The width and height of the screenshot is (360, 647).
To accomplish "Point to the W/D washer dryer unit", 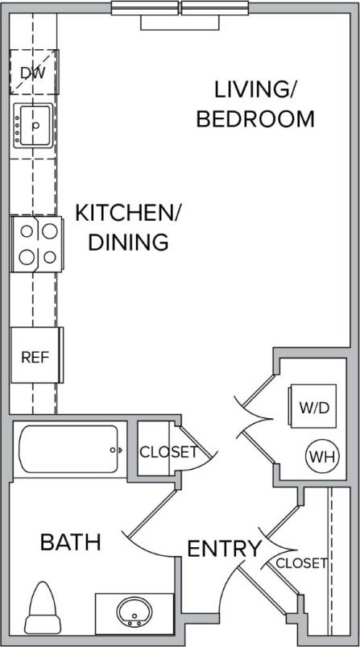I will coord(314,407).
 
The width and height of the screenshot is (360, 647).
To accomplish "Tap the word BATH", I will coord(71,542).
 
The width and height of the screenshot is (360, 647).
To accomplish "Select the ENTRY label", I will coord(224,550).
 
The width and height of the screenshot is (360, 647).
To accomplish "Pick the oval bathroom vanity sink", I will coord(133,615).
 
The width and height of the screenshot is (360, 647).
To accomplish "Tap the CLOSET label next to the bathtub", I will coord(168,452).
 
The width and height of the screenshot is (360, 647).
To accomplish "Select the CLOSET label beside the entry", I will coord(302,563).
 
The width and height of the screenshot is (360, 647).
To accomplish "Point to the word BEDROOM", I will coord(255,119).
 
